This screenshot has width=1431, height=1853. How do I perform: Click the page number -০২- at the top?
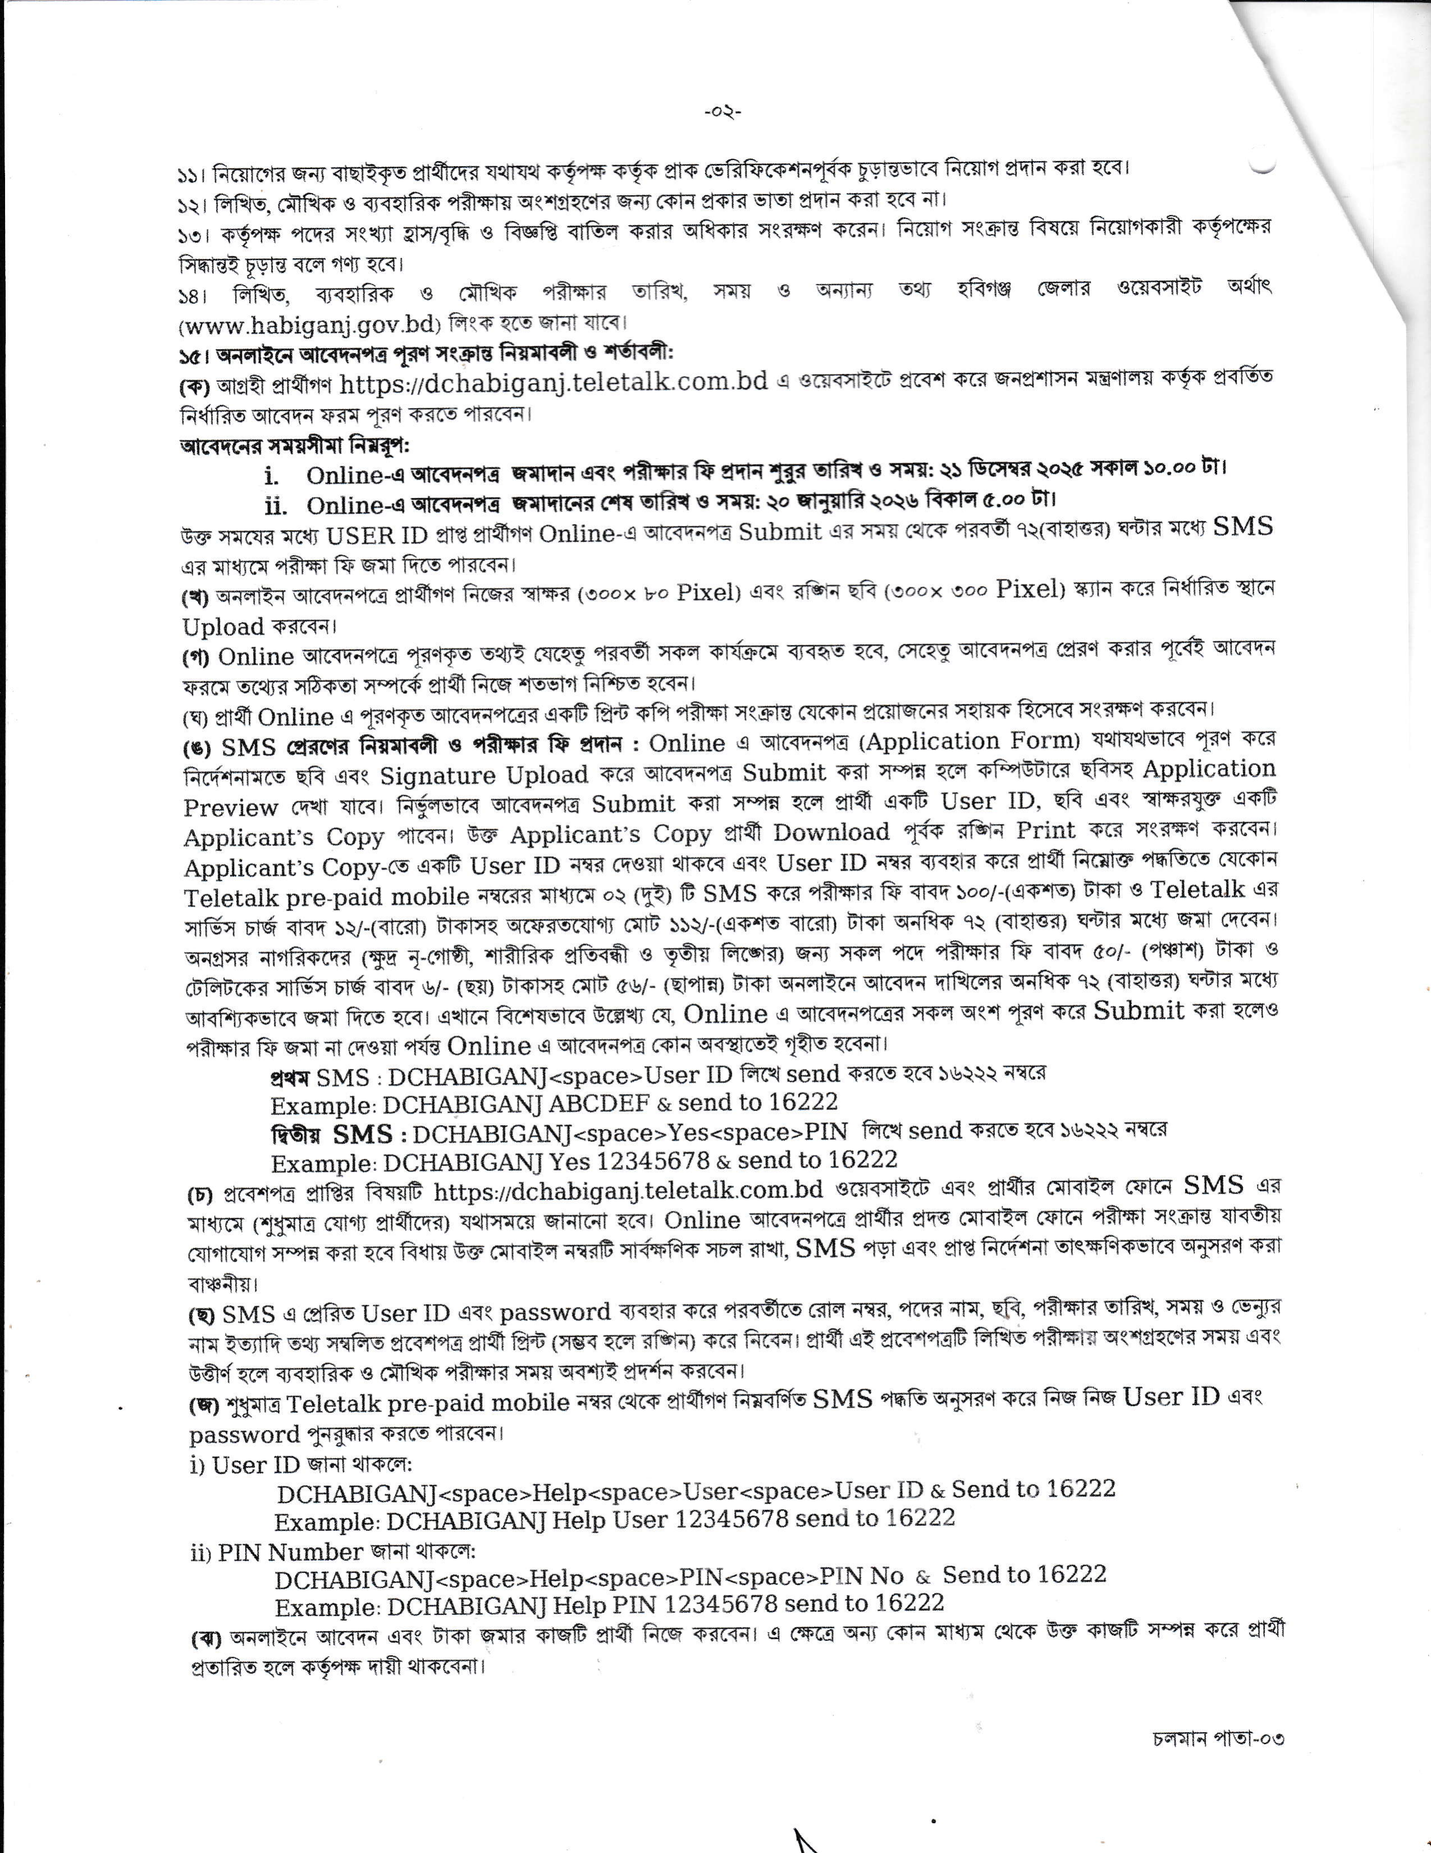(x=722, y=112)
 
